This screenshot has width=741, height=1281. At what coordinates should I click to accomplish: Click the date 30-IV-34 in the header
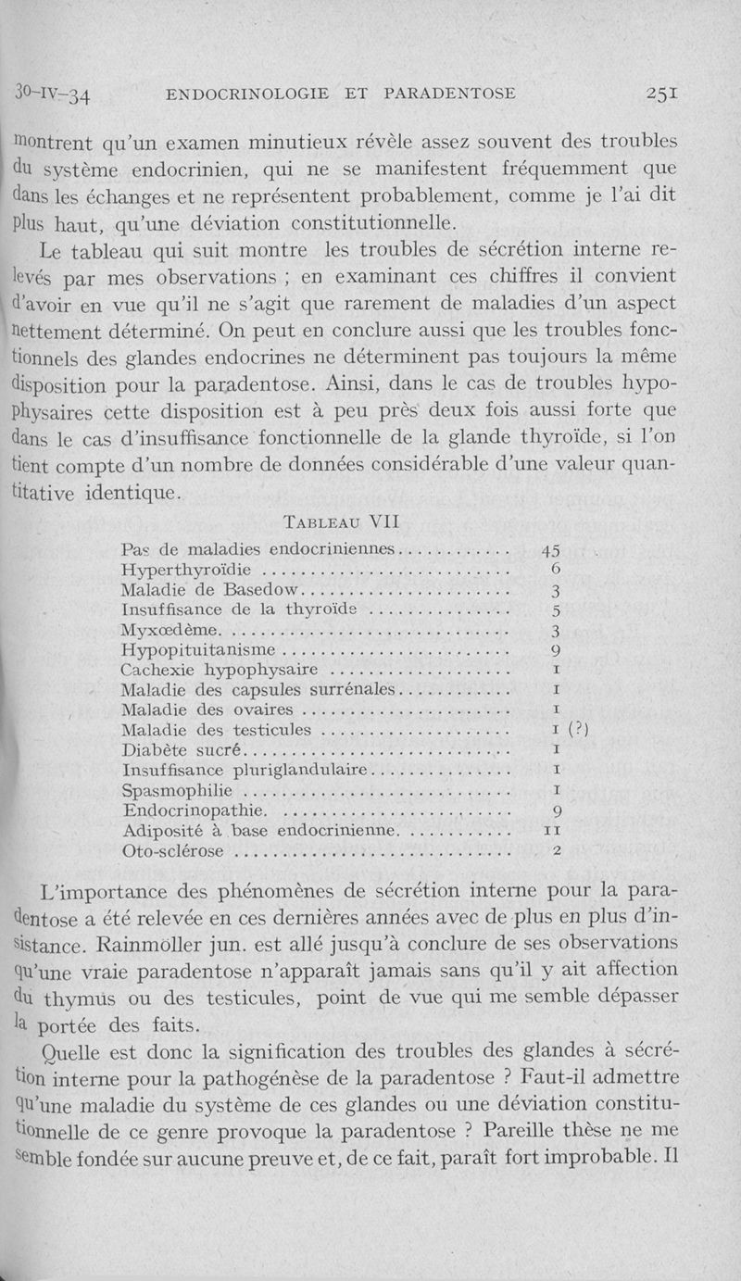pyautogui.click(x=57, y=94)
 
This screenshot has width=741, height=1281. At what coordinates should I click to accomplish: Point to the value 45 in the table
pyautogui.click(x=551, y=550)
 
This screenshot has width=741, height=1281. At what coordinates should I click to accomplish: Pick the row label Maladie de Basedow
pyautogui.click(x=211, y=590)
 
